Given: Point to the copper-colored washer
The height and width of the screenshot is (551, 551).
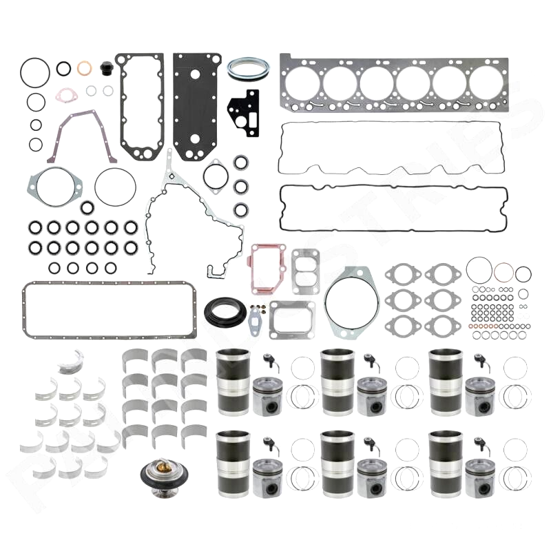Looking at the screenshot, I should click(85, 68).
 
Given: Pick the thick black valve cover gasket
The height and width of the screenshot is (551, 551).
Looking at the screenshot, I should click(393, 207).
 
